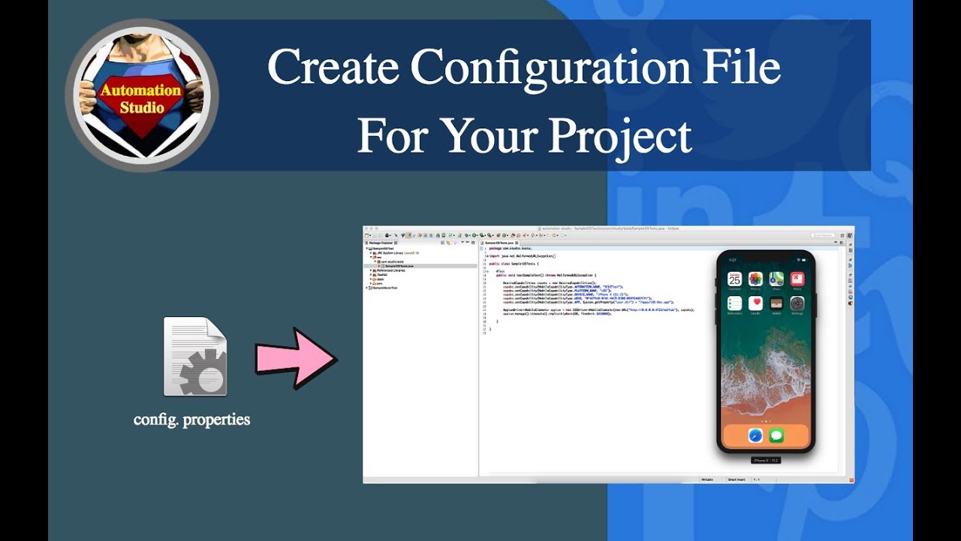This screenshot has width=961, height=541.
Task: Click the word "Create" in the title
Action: click(x=333, y=68)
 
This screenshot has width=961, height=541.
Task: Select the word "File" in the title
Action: click(x=743, y=68)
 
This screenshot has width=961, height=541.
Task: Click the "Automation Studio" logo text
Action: click(x=141, y=98)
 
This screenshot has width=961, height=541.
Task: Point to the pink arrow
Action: click(x=295, y=358)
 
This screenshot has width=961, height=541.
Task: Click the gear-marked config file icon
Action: click(x=195, y=357)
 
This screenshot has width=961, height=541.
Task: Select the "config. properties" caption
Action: click(x=191, y=419)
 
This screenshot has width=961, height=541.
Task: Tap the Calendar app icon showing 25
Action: click(x=735, y=279)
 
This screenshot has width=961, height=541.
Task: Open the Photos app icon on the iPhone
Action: click(x=755, y=279)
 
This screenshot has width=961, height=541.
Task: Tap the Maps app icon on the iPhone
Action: click(x=776, y=279)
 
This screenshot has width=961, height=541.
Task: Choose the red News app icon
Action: click(x=797, y=279)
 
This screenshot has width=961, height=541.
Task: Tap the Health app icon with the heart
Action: click(x=755, y=304)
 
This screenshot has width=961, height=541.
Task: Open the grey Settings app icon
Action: click(x=797, y=304)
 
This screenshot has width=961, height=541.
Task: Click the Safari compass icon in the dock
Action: click(x=755, y=435)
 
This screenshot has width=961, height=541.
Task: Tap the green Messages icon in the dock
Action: click(x=776, y=435)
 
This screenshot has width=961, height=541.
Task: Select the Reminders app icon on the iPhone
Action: click(x=735, y=304)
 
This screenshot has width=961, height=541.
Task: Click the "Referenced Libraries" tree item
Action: click(x=390, y=270)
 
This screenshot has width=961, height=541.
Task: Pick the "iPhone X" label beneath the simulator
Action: click(x=766, y=460)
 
